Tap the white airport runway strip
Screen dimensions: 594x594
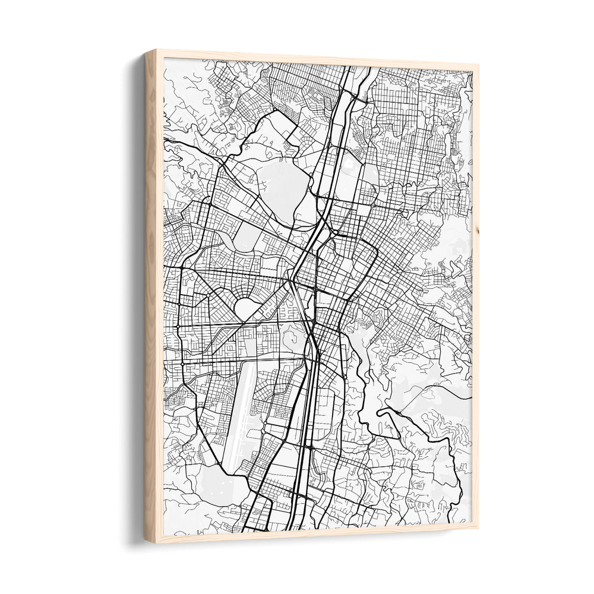[238, 410]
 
